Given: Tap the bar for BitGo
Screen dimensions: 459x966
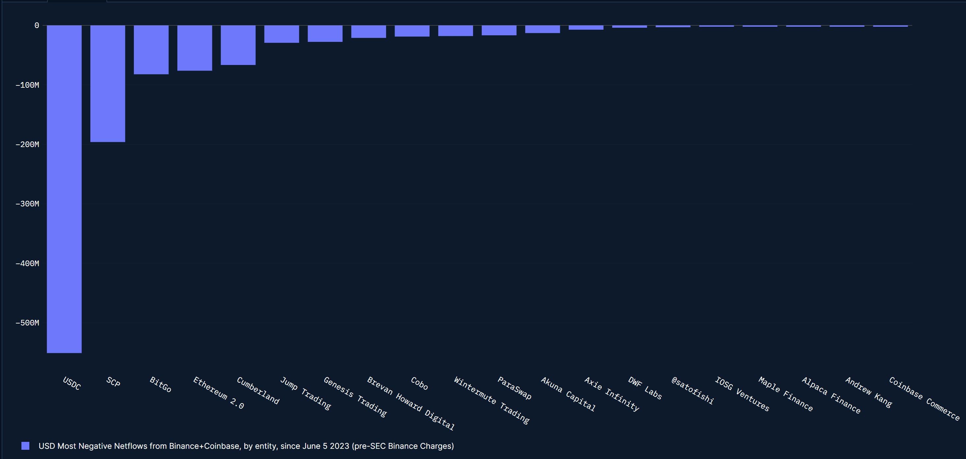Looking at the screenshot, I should (x=151, y=50).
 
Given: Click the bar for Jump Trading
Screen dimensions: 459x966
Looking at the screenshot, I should (x=282, y=34).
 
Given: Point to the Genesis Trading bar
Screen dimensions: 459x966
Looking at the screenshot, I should (x=325, y=34).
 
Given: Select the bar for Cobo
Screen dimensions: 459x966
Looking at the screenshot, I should (x=412, y=31).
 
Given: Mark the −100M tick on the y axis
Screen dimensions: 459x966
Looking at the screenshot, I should (x=27, y=85).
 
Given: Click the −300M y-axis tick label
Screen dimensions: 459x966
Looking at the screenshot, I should (x=27, y=204).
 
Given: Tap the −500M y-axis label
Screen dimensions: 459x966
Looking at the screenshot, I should (x=27, y=323).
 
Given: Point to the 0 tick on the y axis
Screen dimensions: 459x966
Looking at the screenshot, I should (x=37, y=25).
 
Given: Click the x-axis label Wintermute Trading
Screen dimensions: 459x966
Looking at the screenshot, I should (x=492, y=400).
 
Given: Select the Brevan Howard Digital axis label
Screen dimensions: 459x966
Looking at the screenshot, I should (x=410, y=403).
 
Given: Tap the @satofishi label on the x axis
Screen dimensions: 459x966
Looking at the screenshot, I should (x=692, y=390).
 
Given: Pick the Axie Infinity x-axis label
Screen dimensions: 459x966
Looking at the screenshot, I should (x=612, y=394).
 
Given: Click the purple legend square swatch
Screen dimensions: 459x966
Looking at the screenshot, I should (x=25, y=445).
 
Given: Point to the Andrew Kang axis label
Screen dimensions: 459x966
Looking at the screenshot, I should (x=868, y=392).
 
